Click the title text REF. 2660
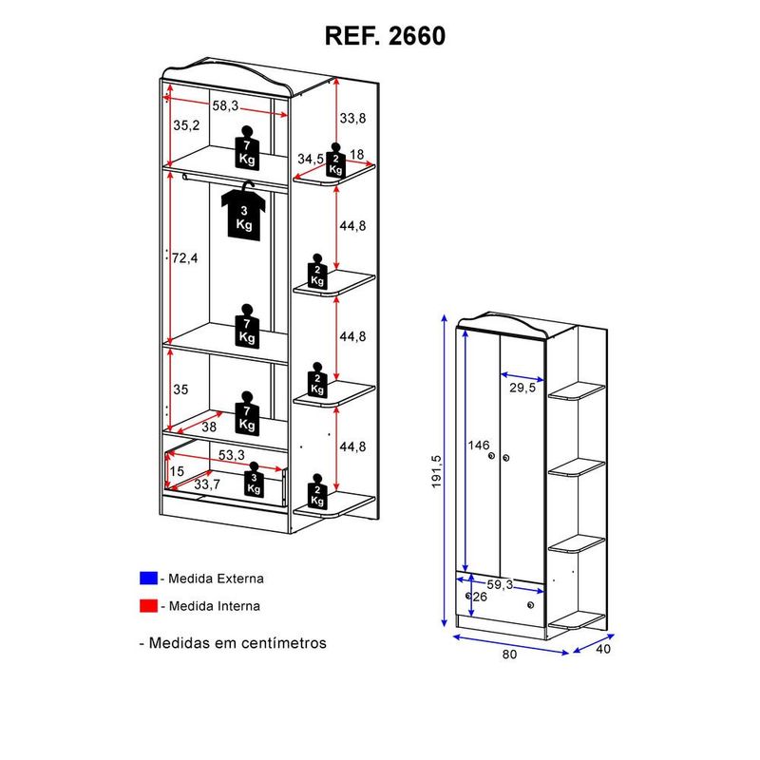coord(385,35)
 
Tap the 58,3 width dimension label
coord(225,106)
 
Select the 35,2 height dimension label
coord(187,125)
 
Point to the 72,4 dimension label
coord(184,257)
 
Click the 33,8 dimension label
coord(352,119)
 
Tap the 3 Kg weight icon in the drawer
coord(254,481)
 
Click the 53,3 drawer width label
coord(232,455)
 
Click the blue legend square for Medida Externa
coord(147,578)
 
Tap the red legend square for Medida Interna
coord(147,605)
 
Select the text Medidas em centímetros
coord(237,643)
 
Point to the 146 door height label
coord(478,445)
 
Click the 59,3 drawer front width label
coord(501,585)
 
